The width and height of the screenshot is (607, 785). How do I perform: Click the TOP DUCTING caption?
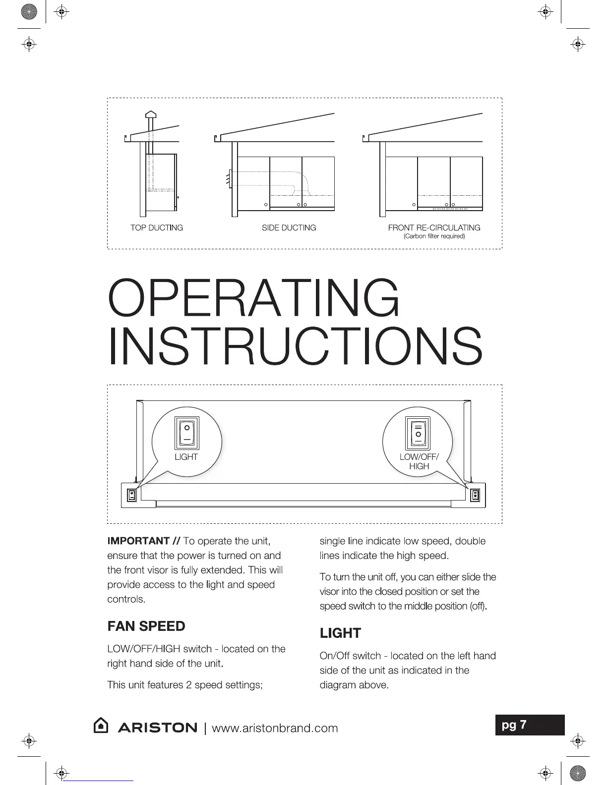(156, 227)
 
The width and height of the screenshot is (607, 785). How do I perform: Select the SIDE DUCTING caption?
(289, 227)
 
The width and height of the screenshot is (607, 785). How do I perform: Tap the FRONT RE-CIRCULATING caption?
(434, 227)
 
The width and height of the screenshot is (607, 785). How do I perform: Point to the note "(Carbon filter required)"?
(434, 236)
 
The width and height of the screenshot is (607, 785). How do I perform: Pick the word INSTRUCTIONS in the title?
(295, 345)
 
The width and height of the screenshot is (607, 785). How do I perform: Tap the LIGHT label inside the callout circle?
(186, 457)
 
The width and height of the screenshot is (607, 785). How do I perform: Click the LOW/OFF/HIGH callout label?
(419, 461)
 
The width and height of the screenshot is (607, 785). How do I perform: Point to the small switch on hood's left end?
(131, 495)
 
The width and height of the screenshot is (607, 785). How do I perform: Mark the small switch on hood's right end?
(475, 495)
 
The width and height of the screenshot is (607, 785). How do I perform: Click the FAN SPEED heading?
(146, 626)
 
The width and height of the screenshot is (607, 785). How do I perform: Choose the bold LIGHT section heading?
(340, 633)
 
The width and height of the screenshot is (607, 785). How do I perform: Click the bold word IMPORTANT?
(138, 541)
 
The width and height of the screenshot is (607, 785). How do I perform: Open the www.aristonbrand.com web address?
(275, 728)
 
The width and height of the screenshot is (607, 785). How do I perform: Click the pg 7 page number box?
(530, 725)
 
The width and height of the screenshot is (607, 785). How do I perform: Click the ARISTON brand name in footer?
(157, 728)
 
